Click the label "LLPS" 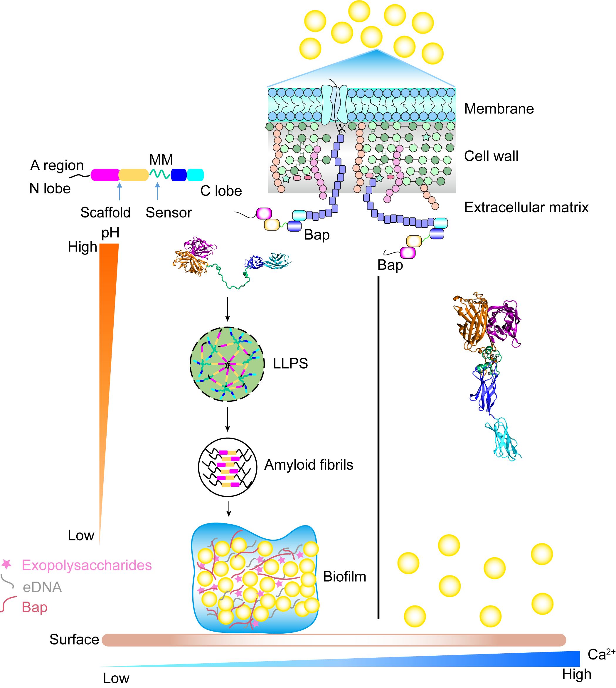click(x=290, y=364)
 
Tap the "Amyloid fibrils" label click(x=308, y=465)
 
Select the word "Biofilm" click(x=344, y=577)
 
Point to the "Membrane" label click(x=499, y=109)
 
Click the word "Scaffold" click(x=105, y=213)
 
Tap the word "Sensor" click(x=169, y=213)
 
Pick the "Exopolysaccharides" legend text click(x=87, y=565)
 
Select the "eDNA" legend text click(x=42, y=587)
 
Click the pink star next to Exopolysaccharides click(x=7, y=564)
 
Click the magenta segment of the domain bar click(x=105, y=175)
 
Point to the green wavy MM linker click(x=160, y=174)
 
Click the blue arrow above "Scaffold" click(x=119, y=191)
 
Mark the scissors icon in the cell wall click(x=342, y=129)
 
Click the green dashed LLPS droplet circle click(x=227, y=364)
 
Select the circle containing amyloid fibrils click(x=228, y=467)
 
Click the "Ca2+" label click(x=601, y=654)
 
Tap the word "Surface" click(x=74, y=640)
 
